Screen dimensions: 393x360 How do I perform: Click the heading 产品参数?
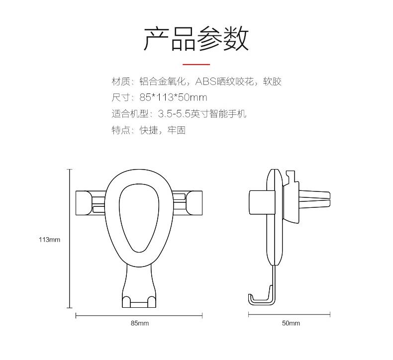pyautogui.click(x=196, y=38)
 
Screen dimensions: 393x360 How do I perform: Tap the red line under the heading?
pyautogui.click(x=196, y=64)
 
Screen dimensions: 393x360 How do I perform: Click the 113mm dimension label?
pyautogui.click(x=49, y=240)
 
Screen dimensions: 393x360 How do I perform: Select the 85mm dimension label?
pyautogui.click(x=140, y=323)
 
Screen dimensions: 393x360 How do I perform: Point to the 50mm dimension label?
pyautogui.click(x=291, y=323)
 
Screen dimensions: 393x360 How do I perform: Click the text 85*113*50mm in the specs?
pyautogui.click(x=173, y=97)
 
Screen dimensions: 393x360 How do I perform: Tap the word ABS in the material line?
pyautogui.click(x=206, y=82)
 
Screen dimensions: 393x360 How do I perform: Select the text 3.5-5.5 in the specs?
pyautogui.click(x=174, y=114)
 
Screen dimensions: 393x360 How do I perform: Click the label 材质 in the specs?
pyautogui.click(x=121, y=82)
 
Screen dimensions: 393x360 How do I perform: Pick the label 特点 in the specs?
pyautogui.click(x=121, y=130)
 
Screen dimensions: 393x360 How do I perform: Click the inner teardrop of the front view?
pyautogui.click(x=139, y=218)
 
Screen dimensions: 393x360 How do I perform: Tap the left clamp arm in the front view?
pyautogui.click(x=91, y=203)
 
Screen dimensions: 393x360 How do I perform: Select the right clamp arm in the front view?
pyautogui.click(x=187, y=203)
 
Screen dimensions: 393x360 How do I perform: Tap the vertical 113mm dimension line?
pyautogui.click(x=70, y=239)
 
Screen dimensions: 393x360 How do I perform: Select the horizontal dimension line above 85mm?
pyautogui.click(x=139, y=316)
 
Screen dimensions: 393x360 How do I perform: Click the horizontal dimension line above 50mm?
pyautogui.click(x=289, y=314)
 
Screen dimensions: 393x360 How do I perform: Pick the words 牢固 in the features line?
pyautogui.click(x=177, y=130)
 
